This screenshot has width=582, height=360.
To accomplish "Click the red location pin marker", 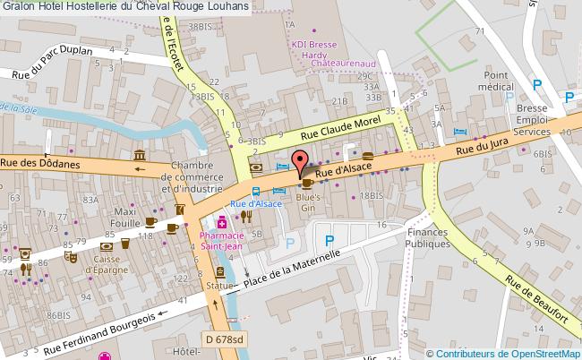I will [x=300, y=162].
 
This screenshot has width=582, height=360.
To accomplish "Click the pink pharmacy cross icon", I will [x=219, y=223].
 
